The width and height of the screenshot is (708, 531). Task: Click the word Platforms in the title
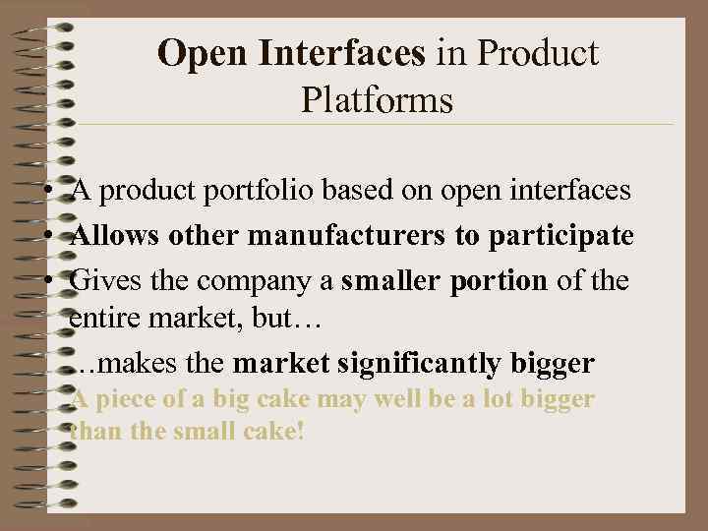tap(378, 99)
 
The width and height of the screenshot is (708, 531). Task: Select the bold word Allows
tap(107, 236)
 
